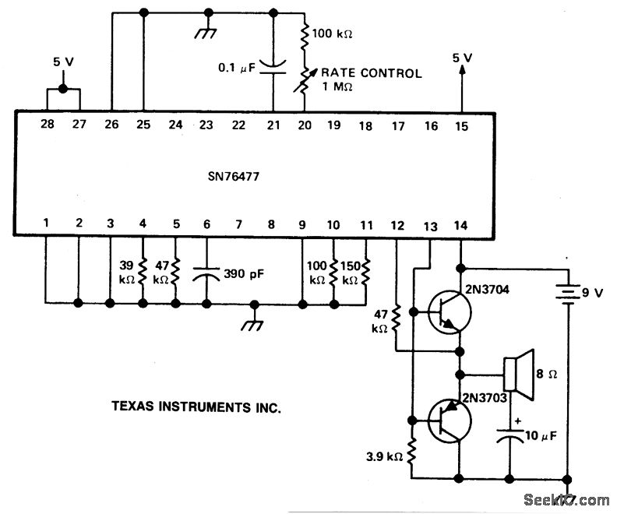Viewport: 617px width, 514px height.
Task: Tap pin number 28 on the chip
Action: [x=47, y=125]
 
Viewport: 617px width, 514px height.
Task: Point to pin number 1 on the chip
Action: [x=47, y=225]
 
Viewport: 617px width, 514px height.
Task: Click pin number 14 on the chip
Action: [x=462, y=225]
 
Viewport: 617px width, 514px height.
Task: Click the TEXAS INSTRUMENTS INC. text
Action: [x=196, y=407]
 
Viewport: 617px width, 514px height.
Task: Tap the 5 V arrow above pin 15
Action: [x=462, y=74]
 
